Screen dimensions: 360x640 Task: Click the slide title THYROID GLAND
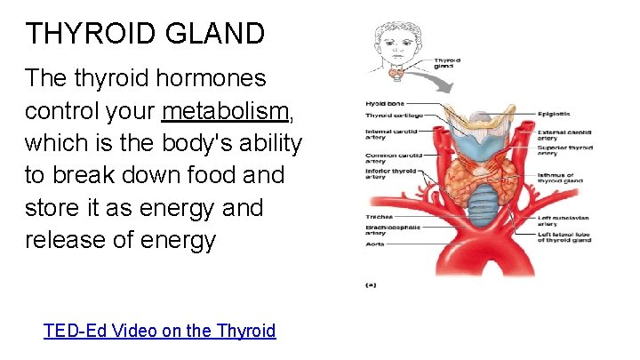(x=145, y=34)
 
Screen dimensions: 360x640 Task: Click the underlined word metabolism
(x=226, y=110)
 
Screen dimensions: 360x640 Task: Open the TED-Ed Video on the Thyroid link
(x=160, y=331)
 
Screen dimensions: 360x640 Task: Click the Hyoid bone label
(x=384, y=104)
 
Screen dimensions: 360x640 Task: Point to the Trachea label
(x=380, y=216)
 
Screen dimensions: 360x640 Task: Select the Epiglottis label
(x=554, y=115)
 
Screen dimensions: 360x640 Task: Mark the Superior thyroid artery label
(x=564, y=150)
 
